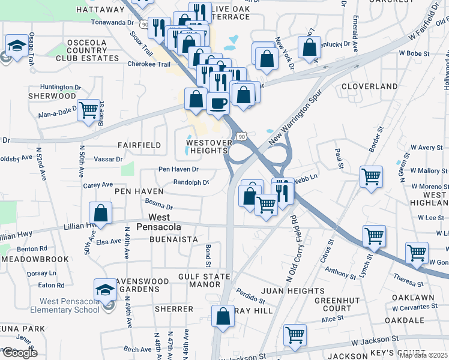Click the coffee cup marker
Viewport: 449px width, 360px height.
[218, 103]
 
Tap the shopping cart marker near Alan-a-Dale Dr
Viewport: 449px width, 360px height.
[88, 110]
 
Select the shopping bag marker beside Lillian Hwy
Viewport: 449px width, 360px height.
[101, 213]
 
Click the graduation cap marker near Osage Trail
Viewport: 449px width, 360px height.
[15, 46]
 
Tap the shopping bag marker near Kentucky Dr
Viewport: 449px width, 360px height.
[309, 49]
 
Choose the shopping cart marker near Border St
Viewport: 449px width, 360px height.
[372, 176]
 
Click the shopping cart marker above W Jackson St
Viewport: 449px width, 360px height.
[294, 335]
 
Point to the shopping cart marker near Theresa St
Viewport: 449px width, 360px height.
[417, 253]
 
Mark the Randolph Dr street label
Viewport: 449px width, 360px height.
[191, 182]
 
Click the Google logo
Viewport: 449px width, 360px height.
[20, 353]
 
